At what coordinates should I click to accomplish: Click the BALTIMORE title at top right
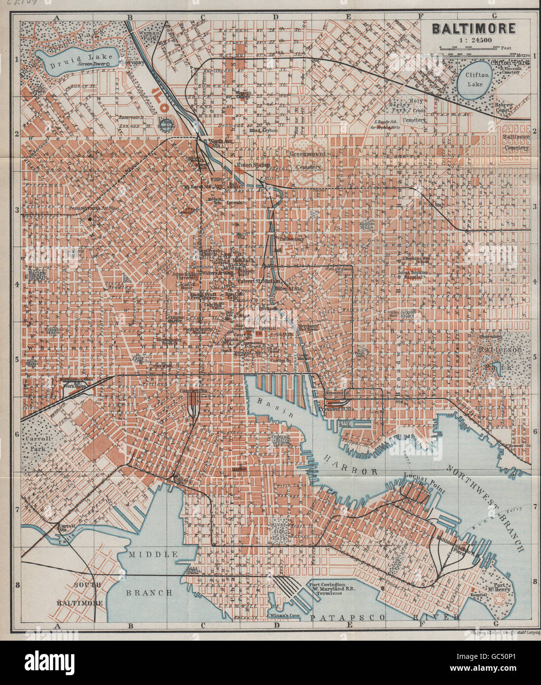473,29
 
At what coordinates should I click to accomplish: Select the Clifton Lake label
477,79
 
